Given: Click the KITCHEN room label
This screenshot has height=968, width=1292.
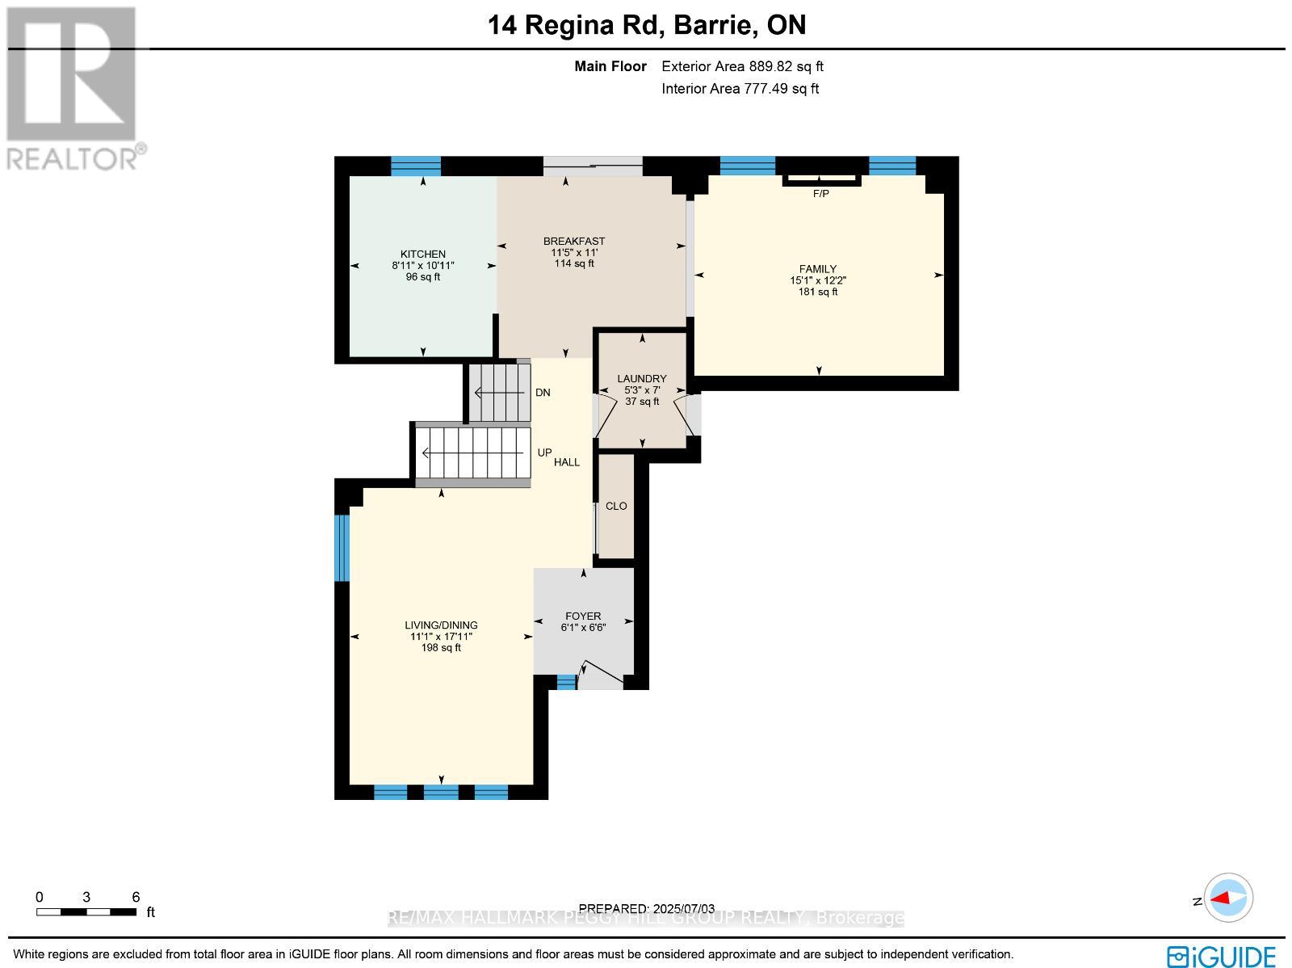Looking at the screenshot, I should coord(422,254).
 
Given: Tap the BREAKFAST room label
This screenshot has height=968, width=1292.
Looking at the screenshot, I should coord(573,241).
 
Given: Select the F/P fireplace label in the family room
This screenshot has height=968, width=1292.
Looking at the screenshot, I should coord(820,194).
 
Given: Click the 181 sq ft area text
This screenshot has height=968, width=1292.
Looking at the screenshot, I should coord(818,292).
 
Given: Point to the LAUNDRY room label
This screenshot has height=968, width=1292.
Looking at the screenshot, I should coord(641,378).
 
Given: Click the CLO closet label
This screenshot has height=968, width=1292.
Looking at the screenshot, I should coord(616,506).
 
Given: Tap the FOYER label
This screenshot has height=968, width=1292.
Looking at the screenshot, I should coord(582,616).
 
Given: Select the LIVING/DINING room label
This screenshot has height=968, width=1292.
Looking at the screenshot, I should coord(441,625).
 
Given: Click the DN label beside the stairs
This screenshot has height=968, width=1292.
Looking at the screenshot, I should coord(543,393).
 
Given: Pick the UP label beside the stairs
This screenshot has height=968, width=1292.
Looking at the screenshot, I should coord(544,452).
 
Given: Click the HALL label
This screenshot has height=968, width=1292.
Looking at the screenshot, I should coord(567,462).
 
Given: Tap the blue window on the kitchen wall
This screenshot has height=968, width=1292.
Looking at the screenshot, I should coord(416,166).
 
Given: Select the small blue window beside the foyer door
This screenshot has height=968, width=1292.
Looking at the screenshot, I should coord(566,682).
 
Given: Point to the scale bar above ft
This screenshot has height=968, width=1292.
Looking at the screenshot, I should coord(86,912).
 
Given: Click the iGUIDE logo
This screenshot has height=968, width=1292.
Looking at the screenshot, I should coord(1221,956).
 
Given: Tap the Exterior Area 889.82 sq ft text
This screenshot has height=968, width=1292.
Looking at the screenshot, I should coord(742,67).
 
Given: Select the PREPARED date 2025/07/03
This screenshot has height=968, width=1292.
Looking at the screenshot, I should coord(647,908).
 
